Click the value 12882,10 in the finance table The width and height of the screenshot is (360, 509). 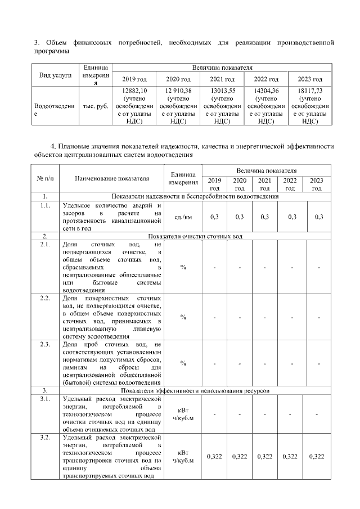tap(134, 89)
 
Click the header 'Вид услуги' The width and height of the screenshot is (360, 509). tap(55, 75)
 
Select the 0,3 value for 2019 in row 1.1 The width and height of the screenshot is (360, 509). tap(214, 217)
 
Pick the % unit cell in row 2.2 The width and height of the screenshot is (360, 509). tap(183, 317)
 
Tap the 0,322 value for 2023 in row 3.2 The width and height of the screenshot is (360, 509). tap(317, 456)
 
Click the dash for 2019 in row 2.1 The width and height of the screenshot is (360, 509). tap(214, 267)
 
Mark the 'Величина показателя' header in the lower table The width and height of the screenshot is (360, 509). tap(267, 169)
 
